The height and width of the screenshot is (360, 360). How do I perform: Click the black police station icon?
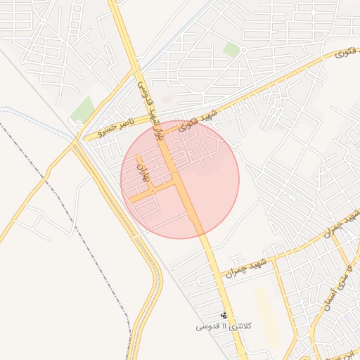point(224,316)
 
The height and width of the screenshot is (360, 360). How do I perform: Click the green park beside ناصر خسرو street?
point(83,110)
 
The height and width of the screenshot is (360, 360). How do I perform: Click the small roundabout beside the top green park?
point(243,50)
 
